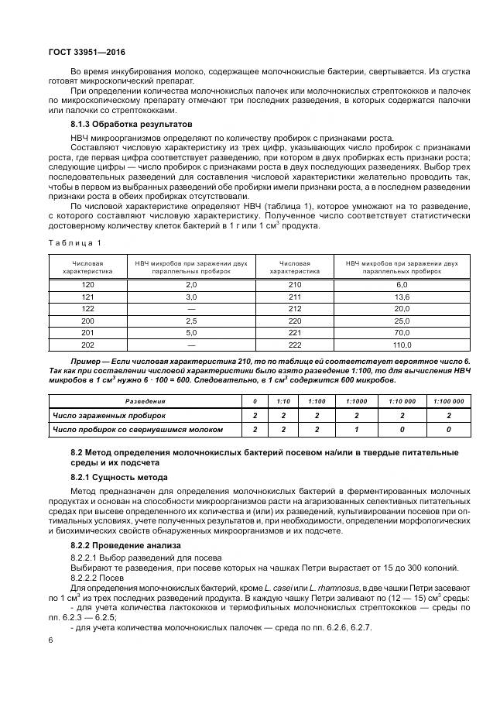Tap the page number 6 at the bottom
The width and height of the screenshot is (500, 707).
[50, 640]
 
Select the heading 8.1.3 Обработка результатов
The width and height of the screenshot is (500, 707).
[128, 125]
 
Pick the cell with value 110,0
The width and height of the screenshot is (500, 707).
[402, 345]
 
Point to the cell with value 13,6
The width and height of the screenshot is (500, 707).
[402, 297]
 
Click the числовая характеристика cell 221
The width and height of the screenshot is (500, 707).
[294, 333]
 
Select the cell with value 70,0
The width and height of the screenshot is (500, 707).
[402, 333]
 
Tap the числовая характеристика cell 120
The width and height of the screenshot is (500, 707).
[87, 285]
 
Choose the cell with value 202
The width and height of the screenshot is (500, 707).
[87, 345]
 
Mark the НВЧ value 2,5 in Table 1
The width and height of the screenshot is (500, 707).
[192, 321]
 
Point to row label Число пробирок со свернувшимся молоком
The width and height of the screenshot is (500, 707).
[138, 429]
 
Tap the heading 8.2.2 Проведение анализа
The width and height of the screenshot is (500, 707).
[122, 547]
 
